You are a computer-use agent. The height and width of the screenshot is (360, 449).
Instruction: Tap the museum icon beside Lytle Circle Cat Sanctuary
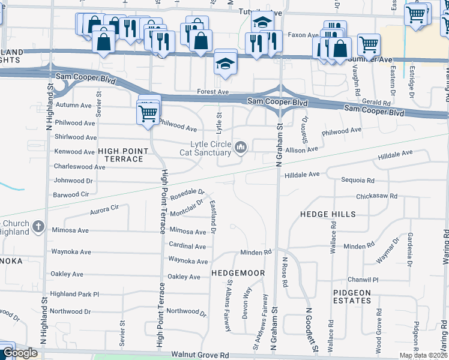pos(241,147)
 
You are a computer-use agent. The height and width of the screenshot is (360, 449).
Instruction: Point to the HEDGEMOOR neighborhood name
pos(238,273)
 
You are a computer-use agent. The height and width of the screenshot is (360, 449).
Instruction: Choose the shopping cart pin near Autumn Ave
pos(148,112)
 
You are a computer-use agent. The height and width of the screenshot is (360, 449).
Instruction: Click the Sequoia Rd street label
pos(357,180)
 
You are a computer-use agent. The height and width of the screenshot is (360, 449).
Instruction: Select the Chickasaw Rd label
pos(376,196)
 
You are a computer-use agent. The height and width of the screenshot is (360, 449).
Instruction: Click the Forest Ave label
pos(214,92)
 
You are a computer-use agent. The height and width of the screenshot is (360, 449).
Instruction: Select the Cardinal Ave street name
pos(187,246)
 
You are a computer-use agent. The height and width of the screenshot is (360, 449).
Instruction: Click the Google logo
pos(20,353)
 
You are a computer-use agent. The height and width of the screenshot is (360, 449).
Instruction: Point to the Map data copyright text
pos(423,355)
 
